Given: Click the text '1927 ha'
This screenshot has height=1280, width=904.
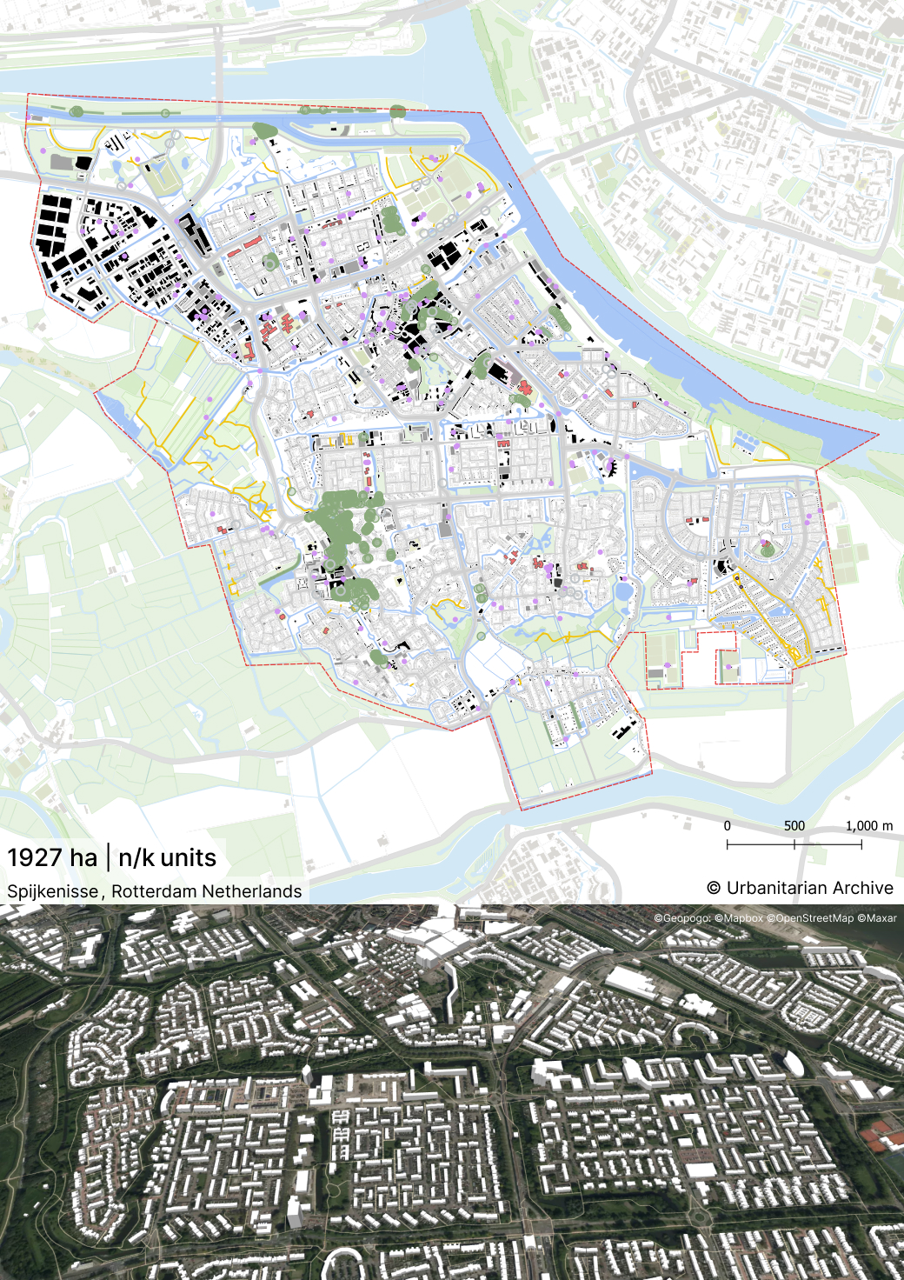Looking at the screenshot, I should (x=52, y=858).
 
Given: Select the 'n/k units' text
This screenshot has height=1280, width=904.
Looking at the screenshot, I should (x=167, y=858).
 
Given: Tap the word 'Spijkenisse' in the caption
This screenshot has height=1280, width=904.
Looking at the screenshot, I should (x=52, y=891).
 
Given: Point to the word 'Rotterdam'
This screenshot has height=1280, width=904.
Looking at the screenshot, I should (x=154, y=891).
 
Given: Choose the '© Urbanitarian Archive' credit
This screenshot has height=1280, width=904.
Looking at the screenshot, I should (x=800, y=888).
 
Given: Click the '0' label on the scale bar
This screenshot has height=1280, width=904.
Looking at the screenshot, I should (x=728, y=826).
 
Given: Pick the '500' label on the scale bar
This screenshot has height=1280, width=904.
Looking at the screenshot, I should (x=794, y=826).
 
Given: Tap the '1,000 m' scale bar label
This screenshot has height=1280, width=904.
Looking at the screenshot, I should (x=868, y=826).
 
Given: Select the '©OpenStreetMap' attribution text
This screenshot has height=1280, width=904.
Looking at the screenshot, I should (x=810, y=918).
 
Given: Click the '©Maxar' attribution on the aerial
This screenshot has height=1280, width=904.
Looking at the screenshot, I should (x=877, y=918).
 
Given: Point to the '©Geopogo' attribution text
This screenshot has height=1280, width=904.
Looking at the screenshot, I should (x=682, y=918).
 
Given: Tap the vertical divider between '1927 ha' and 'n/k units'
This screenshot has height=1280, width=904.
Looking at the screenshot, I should (x=109, y=857).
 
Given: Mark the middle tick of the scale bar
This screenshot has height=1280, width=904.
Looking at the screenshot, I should (x=794, y=844).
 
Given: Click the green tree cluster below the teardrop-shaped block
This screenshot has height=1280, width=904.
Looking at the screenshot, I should (x=767, y=549).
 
